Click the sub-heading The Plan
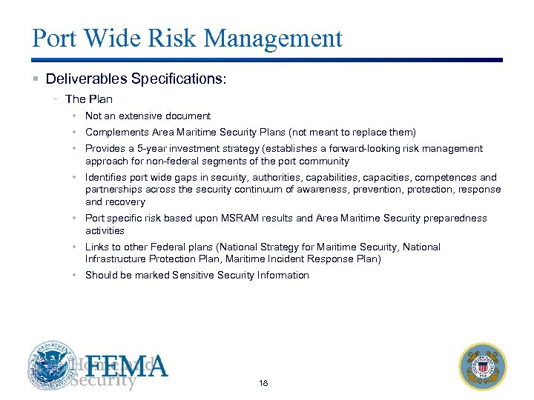coord(89,99)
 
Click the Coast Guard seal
coord(483,366)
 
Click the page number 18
coord(264,383)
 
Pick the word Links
coord(97,247)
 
